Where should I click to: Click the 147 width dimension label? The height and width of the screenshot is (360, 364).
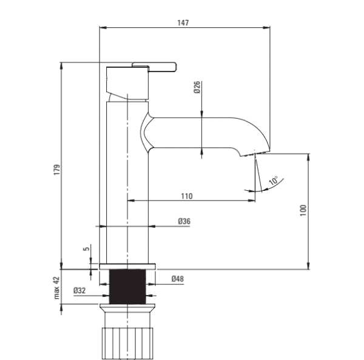[183, 23]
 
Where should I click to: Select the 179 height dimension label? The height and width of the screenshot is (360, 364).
[57, 170]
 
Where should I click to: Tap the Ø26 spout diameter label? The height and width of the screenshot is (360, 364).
[197, 87]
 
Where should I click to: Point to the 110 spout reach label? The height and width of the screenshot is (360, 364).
[187, 196]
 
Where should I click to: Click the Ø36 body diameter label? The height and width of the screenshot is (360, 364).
[184, 221]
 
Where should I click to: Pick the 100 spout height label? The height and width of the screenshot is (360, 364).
[303, 210]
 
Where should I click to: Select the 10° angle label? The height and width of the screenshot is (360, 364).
[274, 181]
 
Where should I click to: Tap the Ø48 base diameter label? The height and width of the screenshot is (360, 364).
[178, 279]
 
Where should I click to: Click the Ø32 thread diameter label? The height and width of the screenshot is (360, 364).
[79, 290]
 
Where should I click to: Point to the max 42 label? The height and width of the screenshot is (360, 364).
[57, 288]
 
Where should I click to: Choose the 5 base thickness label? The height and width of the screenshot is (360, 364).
[86, 248]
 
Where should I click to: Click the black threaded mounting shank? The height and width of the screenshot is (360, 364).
[127, 287]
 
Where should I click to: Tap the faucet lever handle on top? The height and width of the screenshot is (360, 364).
[154, 67]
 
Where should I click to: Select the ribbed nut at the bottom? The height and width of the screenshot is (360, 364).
[127, 343]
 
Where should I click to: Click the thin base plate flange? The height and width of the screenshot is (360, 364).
[127, 267]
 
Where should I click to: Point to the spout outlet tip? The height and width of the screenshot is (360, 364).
[255, 153]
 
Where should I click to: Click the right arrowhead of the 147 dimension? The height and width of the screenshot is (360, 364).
[266, 28]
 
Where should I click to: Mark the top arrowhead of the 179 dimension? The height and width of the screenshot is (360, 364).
[61, 66]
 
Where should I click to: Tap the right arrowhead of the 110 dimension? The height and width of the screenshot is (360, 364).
[252, 201]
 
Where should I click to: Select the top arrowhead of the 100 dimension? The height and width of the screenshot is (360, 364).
[309, 157]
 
